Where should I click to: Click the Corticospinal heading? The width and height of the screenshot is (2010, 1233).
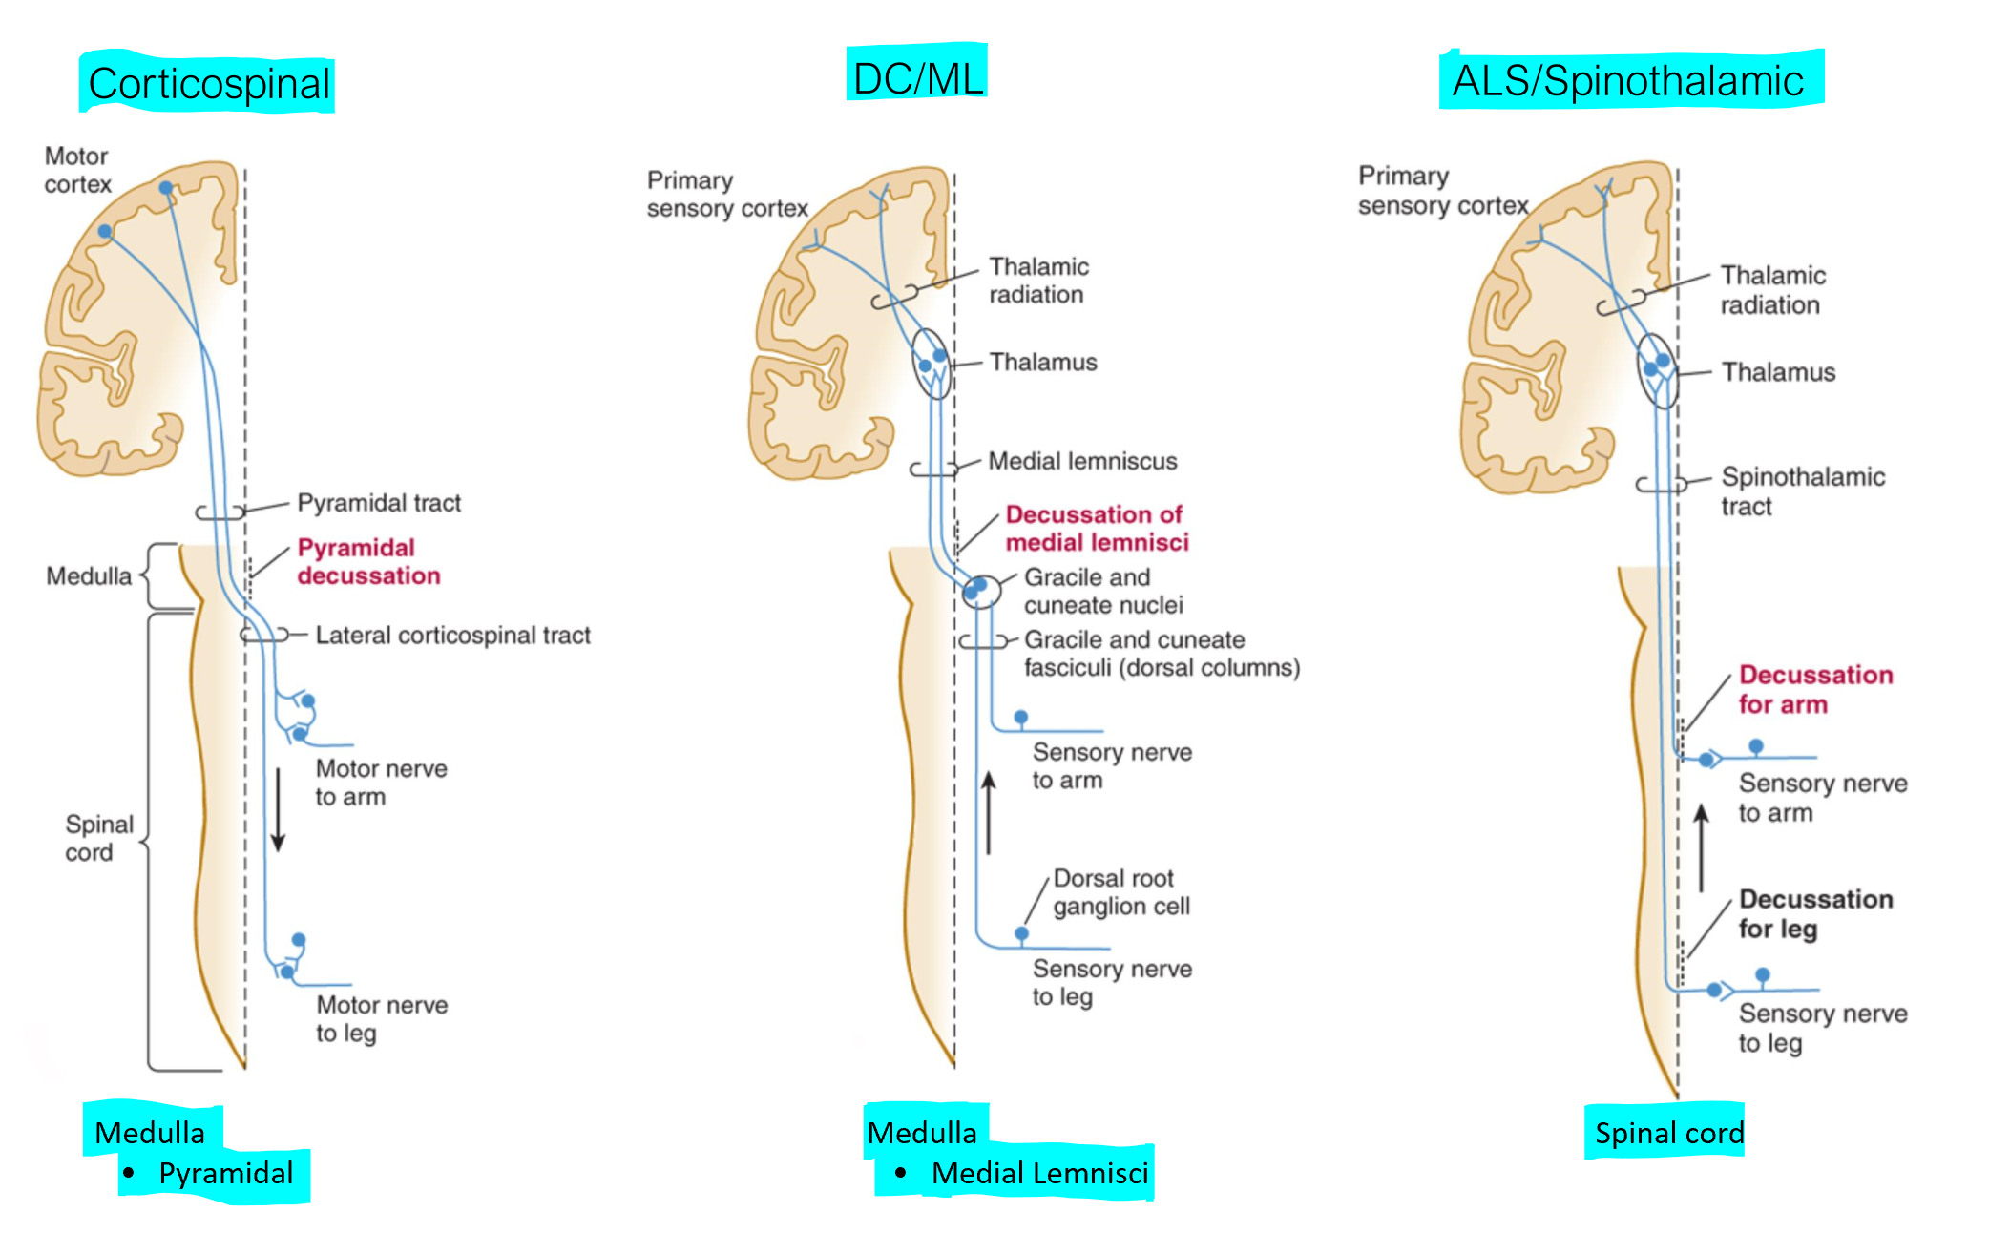(209, 84)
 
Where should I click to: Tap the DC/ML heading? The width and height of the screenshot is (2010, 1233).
(917, 78)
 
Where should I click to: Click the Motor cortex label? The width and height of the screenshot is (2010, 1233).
(77, 170)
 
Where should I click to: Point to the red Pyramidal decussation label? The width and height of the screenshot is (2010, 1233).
(368, 561)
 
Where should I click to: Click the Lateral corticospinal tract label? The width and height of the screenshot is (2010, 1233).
(452, 635)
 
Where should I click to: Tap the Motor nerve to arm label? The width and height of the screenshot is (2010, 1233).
(381, 783)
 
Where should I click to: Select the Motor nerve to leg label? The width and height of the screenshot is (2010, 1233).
(381, 1018)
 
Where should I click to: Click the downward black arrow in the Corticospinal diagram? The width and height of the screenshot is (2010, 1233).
(278, 809)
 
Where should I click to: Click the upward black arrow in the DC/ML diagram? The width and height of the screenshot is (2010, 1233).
(989, 812)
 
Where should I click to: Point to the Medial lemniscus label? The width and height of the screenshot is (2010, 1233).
(1081, 462)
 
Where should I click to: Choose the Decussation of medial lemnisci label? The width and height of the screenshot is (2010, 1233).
(1097, 528)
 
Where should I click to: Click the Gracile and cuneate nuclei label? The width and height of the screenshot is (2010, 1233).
(1102, 591)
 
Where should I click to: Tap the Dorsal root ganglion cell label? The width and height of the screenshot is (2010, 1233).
(1120, 891)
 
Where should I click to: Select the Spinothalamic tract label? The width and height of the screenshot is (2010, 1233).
(1802, 491)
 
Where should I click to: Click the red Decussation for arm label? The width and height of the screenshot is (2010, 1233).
(1814, 689)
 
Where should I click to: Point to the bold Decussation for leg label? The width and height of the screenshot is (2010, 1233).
(1814, 913)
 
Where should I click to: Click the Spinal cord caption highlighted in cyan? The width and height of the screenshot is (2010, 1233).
(1668, 1133)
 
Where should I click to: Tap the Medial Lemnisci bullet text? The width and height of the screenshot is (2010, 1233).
(1039, 1173)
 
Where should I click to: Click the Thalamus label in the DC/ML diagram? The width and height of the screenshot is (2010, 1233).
(1042, 363)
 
